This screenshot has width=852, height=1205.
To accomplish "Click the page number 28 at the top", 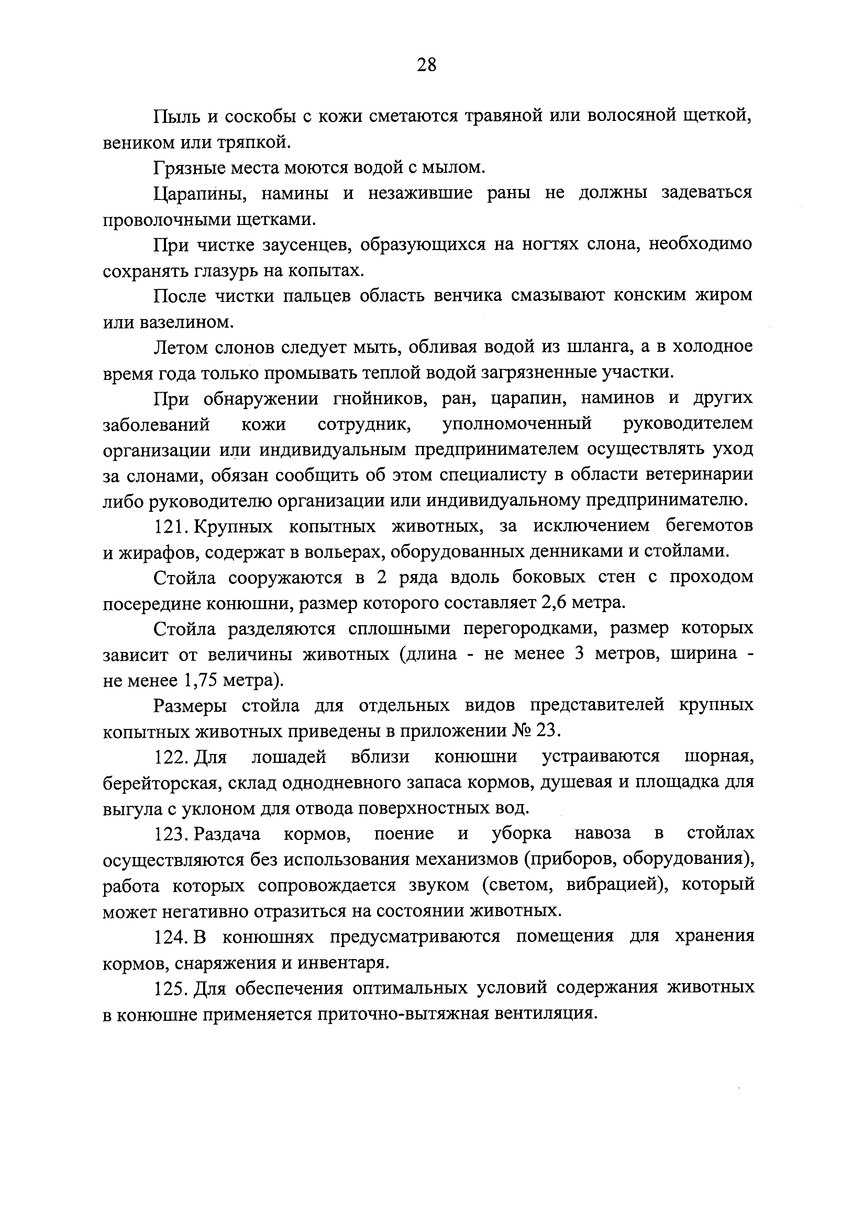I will [x=426, y=65].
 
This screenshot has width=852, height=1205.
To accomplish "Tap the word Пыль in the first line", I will [x=176, y=116].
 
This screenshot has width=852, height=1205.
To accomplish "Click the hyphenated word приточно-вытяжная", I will [x=403, y=1014].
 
